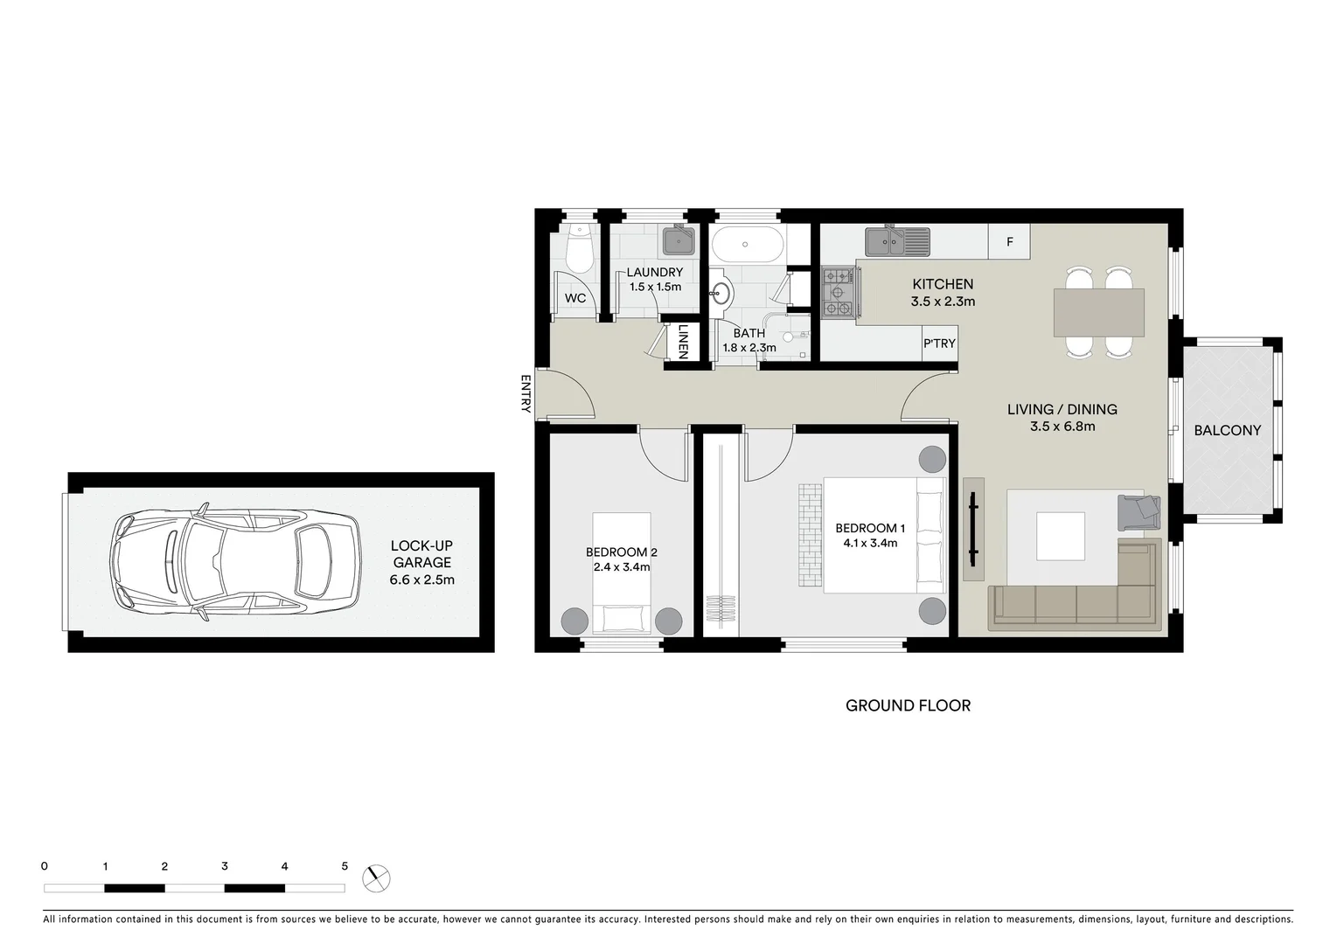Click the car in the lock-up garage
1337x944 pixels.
coord(234,562)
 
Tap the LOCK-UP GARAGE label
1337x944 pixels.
coord(421,554)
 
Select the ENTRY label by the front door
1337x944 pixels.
coord(526,393)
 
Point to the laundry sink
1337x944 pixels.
coord(678,239)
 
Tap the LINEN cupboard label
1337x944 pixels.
coord(683,342)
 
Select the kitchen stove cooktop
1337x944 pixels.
coord(838,291)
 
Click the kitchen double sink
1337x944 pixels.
coord(897,240)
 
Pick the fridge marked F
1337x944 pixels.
coord(1009,242)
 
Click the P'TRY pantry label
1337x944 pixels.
coord(939,344)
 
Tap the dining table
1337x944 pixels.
coord(1098,312)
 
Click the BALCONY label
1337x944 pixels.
coord(1227,430)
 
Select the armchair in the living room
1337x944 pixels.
coord(1139,512)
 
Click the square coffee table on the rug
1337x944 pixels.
coord(1060,536)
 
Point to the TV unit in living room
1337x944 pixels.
coord(973,529)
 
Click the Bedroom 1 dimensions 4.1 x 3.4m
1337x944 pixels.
coord(869,543)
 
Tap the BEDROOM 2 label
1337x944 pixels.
coord(621,552)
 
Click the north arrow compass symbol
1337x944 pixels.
coord(376,878)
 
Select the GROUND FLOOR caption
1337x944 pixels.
coord(908,705)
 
